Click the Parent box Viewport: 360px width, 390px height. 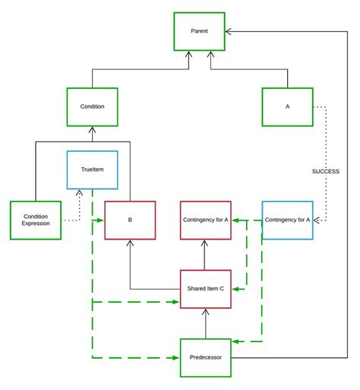(x=199, y=31)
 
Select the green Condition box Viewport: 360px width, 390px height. (x=92, y=106)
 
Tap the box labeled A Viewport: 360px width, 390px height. (x=287, y=106)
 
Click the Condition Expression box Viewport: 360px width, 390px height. (x=36, y=220)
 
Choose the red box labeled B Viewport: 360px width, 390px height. (x=129, y=220)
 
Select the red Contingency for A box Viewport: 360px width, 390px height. (x=205, y=220)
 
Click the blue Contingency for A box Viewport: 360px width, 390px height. (x=287, y=220)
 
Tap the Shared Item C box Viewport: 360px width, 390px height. (x=205, y=288)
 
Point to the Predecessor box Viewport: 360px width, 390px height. (x=205, y=357)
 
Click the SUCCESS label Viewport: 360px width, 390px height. (x=326, y=171)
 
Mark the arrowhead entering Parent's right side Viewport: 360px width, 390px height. (x=229, y=31)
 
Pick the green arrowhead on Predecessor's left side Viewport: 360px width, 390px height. (x=176, y=357)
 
